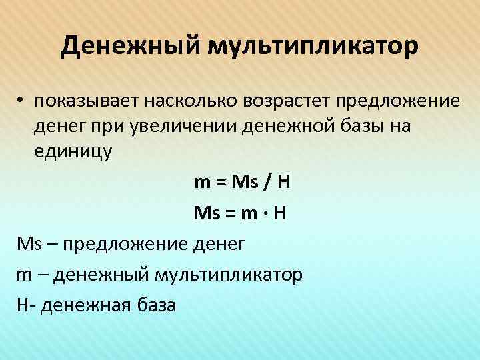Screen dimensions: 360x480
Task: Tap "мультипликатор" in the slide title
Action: point(313,47)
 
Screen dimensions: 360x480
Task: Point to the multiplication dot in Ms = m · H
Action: point(267,215)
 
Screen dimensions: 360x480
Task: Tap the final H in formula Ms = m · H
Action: point(281,215)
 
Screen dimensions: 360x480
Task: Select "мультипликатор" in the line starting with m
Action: point(229,275)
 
